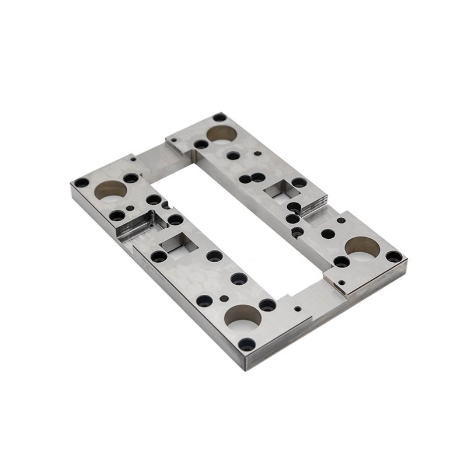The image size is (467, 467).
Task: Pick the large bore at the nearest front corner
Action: [x=243, y=315]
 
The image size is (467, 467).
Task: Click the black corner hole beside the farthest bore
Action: [x=219, y=117]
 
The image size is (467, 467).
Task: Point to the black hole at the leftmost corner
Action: [x=82, y=183]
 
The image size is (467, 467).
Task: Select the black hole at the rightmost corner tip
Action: [x=394, y=256]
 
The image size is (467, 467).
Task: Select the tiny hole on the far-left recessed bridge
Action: [x=133, y=158]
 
